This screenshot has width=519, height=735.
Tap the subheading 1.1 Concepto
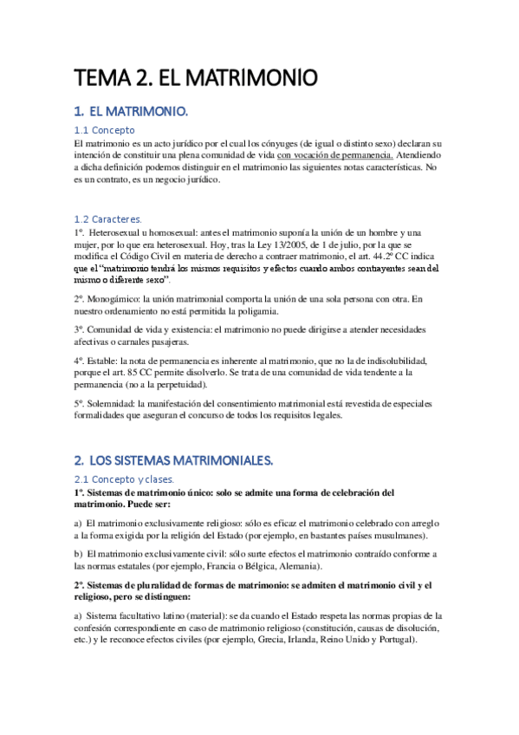(105, 130)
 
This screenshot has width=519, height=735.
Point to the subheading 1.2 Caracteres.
(108, 220)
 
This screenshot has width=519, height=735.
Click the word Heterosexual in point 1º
(114, 233)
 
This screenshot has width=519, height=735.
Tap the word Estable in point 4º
(103, 360)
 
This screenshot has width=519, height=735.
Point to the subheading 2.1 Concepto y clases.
(124, 479)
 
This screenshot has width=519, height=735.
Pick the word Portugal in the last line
(398, 640)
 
